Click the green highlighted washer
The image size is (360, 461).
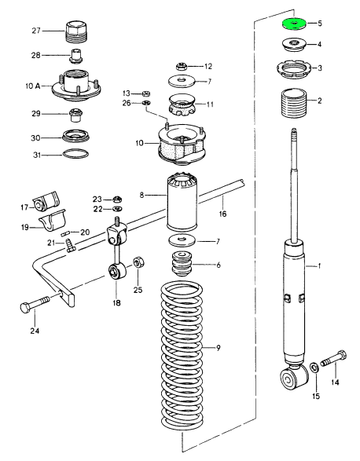pyautogui.click(x=294, y=24)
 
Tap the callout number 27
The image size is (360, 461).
pyautogui.click(x=36, y=31)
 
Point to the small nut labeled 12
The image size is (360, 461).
pyautogui.click(x=182, y=67)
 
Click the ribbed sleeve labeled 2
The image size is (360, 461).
pyautogui.click(x=294, y=103)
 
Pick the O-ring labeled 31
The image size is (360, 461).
pyautogui.click(x=75, y=154)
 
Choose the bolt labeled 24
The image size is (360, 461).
pyautogui.click(x=35, y=306)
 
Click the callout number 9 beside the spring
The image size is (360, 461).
pyautogui.click(x=218, y=348)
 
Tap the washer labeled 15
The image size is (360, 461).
pyautogui.click(x=314, y=368)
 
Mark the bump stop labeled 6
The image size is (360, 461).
pyautogui.click(x=182, y=264)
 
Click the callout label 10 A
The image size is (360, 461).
pyautogui.click(x=33, y=86)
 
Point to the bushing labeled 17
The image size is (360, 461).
pyautogui.click(x=46, y=201)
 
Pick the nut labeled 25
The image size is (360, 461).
pyautogui.click(x=138, y=262)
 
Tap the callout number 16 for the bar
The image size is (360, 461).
pyautogui.click(x=222, y=214)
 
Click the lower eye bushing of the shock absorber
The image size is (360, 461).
pyautogui.click(x=293, y=379)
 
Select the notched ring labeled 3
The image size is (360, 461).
pyautogui.click(x=294, y=70)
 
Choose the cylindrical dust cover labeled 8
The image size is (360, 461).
pyautogui.click(x=182, y=202)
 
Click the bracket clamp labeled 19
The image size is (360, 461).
pyautogui.click(x=52, y=221)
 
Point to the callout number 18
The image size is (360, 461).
pyautogui.click(x=116, y=302)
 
